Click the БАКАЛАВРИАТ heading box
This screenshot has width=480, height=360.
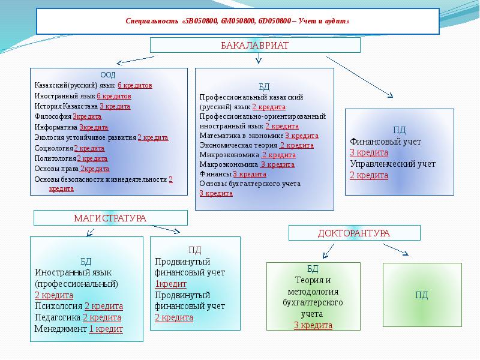pyautogui.click(x=255, y=46)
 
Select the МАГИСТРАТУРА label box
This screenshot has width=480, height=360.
pyautogui.click(x=110, y=218)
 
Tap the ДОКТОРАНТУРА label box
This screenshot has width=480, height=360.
pyautogui.click(x=354, y=233)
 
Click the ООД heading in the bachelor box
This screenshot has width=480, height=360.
pyautogui.click(x=108, y=75)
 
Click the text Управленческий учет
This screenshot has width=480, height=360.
pyautogui.click(x=392, y=164)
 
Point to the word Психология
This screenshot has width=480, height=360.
pyautogui.click(x=58, y=306)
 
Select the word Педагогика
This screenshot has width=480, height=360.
pyautogui.click(x=58, y=317)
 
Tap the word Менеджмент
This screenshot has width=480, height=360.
pyautogui.click(x=61, y=329)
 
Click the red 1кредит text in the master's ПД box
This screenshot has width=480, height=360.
pyautogui.click(x=171, y=284)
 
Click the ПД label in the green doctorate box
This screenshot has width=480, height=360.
pyautogui.click(x=421, y=295)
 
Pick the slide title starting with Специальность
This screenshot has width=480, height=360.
pyautogui.click(x=238, y=22)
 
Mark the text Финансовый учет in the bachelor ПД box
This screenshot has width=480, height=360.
pyautogui.click(x=385, y=142)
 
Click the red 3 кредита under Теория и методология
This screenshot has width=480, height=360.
pyautogui.click(x=313, y=325)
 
